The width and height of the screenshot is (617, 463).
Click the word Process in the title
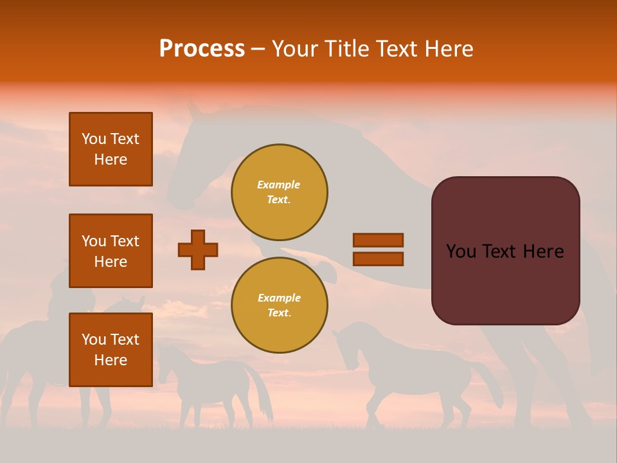[x=202, y=49]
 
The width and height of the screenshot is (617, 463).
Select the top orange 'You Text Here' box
[x=111, y=149]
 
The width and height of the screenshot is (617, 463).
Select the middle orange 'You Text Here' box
[x=111, y=251]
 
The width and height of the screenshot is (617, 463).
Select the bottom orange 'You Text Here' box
[x=111, y=349]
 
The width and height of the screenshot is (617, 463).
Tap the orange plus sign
[x=198, y=250]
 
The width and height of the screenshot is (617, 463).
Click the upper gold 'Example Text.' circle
[x=279, y=192]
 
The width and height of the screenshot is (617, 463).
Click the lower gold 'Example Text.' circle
[x=279, y=305]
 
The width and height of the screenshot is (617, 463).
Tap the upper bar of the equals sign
[x=378, y=240]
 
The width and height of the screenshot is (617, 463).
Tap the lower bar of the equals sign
[x=378, y=259]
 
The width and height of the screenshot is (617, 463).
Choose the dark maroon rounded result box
[x=505, y=283]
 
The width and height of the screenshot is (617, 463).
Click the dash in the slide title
[x=258, y=50]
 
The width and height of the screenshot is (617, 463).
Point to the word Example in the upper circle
[x=279, y=185]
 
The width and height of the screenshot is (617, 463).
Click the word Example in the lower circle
[x=279, y=298]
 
